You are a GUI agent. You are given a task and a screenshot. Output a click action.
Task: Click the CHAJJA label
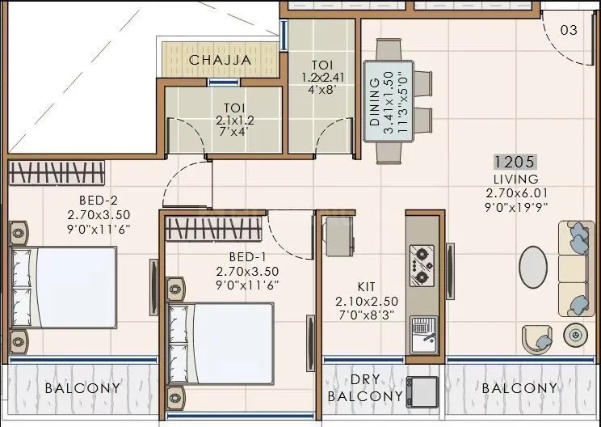(220, 60)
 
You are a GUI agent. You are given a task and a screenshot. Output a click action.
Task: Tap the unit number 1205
(514, 162)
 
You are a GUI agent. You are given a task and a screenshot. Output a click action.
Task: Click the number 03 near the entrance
(569, 30)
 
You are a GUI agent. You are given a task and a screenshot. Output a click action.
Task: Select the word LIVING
(514, 179)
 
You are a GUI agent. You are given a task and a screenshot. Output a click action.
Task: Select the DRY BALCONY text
(365, 389)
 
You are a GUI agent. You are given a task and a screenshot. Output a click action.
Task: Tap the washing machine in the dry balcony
(422, 391)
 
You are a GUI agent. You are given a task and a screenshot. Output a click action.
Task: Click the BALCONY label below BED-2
(82, 388)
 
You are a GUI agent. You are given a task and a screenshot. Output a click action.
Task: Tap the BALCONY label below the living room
(519, 388)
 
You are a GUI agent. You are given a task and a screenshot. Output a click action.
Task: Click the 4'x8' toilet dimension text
(322, 89)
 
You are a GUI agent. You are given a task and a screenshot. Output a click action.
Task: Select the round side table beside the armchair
(577, 333)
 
